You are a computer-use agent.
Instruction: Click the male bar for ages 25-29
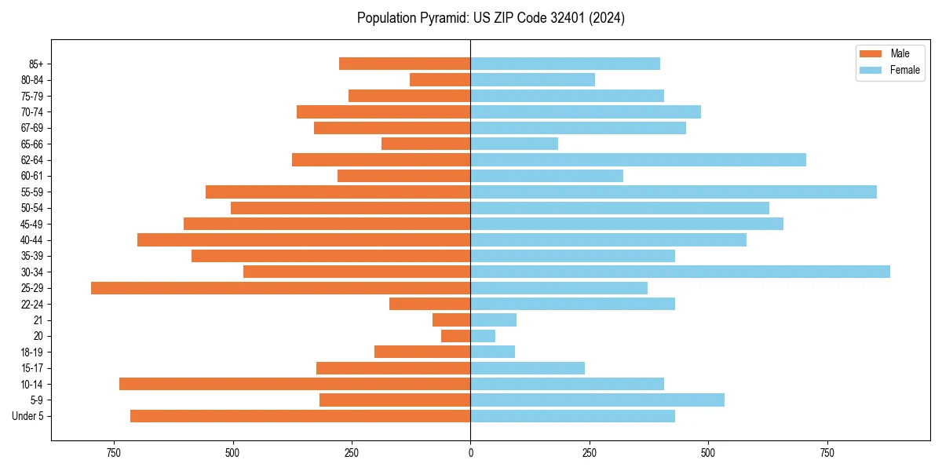click(x=280, y=288)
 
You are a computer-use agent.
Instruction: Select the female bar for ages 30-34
click(x=680, y=272)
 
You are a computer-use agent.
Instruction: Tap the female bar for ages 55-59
click(x=674, y=192)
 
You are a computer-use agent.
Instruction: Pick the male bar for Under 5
click(x=300, y=416)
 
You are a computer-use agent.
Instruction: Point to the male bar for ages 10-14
click(x=294, y=384)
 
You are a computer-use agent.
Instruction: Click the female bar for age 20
click(x=483, y=336)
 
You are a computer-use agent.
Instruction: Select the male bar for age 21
click(x=451, y=320)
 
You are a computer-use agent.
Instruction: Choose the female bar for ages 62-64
click(x=638, y=159)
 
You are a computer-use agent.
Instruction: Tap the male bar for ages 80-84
click(x=440, y=79)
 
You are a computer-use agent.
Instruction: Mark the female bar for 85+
click(x=565, y=64)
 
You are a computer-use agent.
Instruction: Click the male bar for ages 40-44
click(x=304, y=239)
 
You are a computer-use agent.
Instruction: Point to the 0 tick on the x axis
click(x=470, y=453)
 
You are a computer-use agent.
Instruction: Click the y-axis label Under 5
click(x=28, y=416)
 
